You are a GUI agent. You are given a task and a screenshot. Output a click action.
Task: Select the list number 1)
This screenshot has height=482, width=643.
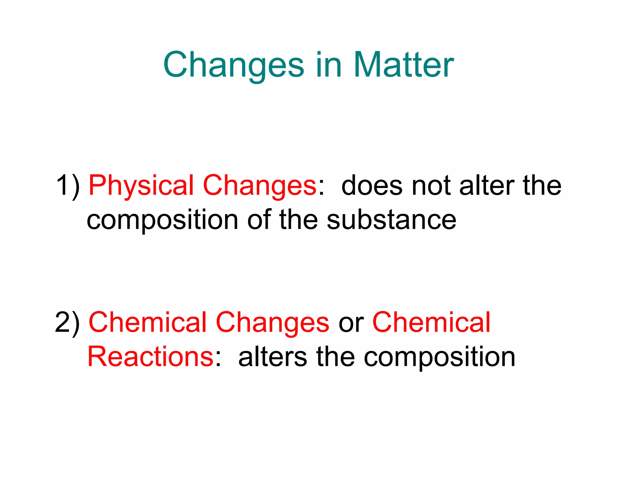coord(68,186)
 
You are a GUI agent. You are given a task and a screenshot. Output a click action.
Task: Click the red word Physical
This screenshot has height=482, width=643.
coord(141,186)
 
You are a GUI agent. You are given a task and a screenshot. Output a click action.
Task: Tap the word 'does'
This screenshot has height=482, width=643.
coord(372,186)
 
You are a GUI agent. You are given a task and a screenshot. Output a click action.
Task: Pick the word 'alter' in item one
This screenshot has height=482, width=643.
coord(487,186)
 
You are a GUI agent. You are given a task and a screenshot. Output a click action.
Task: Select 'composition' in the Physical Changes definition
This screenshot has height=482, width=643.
coord(162,221)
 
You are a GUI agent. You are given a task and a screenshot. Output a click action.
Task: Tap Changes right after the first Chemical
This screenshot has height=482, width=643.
coord(273,323)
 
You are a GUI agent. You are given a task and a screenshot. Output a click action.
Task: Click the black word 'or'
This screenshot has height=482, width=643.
coord(351,323)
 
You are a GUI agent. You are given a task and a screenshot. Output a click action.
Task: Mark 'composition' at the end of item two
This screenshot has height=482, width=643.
coord(440,358)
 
